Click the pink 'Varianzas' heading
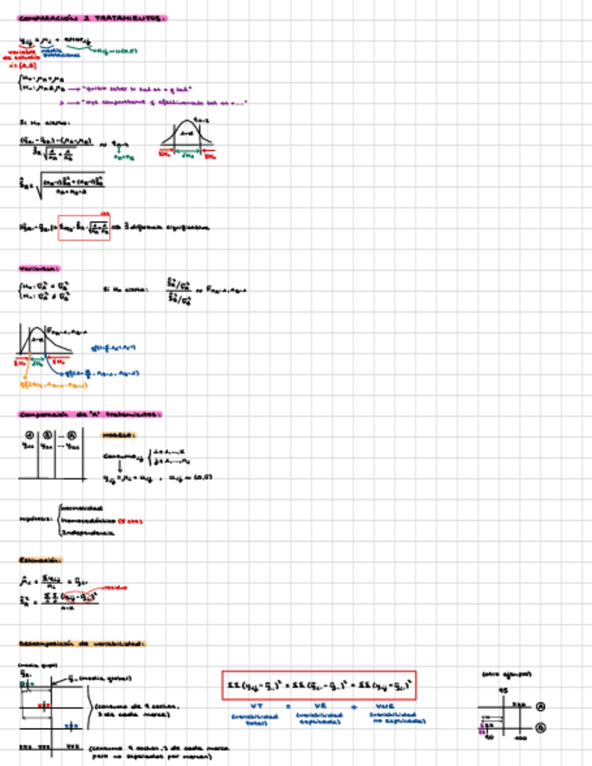point(40,268)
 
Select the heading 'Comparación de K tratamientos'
point(89,414)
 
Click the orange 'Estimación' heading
point(42,559)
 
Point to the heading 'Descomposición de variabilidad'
point(82,644)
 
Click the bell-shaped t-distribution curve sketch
point(188,135)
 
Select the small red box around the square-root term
point(84,228)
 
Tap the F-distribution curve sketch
point(43,343)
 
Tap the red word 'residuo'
point(115,587)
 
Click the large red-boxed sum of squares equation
point(319,687)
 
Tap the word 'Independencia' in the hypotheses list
point(88,532)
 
